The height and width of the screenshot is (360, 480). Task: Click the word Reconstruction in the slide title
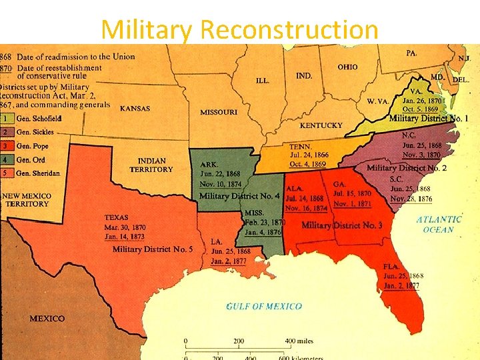pos(289,29)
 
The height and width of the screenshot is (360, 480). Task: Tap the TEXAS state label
pos(117,217)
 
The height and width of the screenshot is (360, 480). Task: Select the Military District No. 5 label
pos(153,249)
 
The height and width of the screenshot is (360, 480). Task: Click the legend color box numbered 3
pos(6,146)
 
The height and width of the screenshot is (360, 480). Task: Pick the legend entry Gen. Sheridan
pos(38,173)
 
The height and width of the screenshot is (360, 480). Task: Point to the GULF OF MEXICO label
pos(264,307)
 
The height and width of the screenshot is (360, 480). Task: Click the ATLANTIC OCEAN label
pos(439,224)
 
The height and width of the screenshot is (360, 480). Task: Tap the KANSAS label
pos(135,108)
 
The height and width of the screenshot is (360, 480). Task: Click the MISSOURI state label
pos(218,112)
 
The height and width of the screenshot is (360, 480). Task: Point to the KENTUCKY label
pos(321,125)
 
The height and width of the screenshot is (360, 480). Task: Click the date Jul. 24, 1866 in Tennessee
pos(309,155)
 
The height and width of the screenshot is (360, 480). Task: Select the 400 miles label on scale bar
pos(299,341)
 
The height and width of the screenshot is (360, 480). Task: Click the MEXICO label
pos(47,319)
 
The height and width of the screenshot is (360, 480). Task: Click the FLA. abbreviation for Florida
pos(391,266)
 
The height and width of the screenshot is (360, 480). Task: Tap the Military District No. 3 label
pos(342,225)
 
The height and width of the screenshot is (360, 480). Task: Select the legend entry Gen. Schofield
pos(39,119)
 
